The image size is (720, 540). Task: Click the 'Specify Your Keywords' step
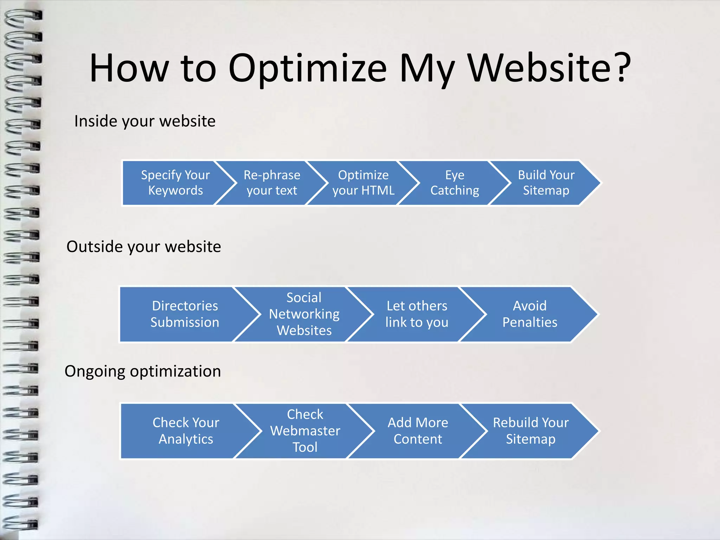175,183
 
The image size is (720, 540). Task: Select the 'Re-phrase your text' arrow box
272,183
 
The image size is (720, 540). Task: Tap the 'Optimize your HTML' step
363,183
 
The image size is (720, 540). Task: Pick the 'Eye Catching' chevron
455,183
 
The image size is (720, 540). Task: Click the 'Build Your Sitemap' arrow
546,183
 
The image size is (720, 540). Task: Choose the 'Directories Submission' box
185,314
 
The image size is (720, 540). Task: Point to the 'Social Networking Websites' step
304,314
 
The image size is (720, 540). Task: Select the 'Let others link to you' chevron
417,314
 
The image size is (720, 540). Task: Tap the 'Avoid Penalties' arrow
530,314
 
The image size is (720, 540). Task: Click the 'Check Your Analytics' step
186,431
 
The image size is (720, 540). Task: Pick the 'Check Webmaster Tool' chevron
305,431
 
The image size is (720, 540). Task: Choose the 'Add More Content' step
418,431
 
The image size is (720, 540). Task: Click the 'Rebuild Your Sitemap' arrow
531,431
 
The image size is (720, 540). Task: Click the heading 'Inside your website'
145,121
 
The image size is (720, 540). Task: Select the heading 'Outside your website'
143,247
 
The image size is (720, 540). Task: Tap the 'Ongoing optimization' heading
143,372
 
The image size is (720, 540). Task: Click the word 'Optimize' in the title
308,69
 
